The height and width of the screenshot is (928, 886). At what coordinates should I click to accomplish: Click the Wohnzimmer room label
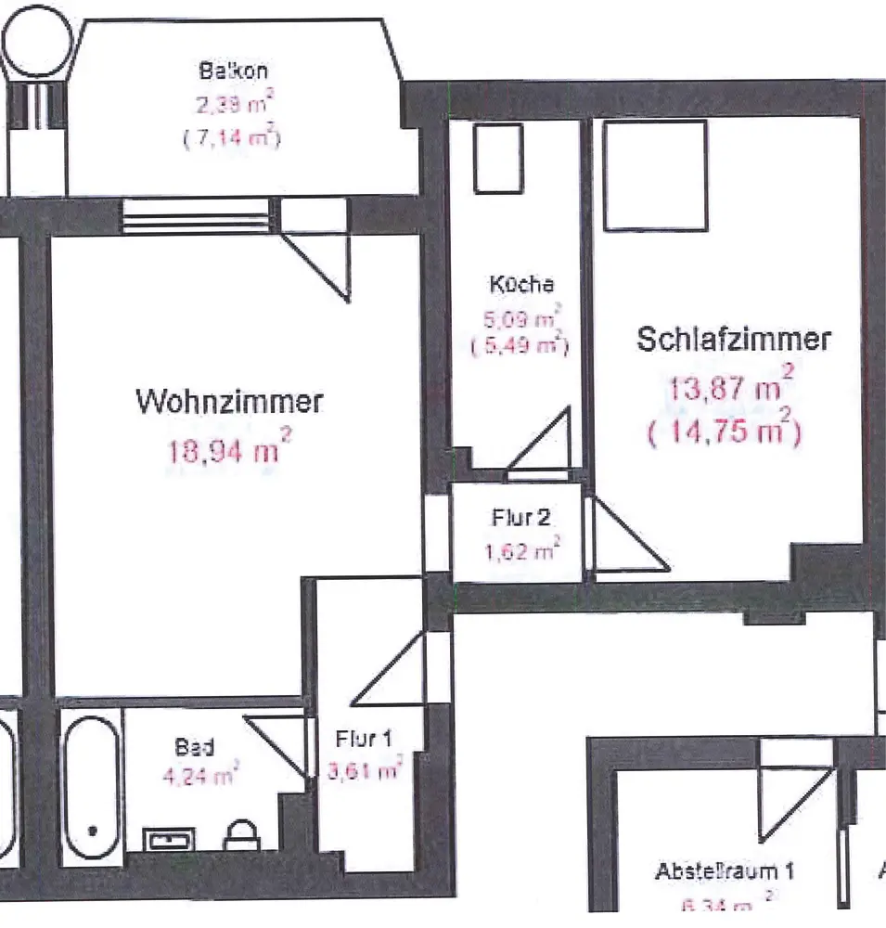(x=229, y=403)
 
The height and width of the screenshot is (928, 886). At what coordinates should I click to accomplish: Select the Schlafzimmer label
(x=733, y=340)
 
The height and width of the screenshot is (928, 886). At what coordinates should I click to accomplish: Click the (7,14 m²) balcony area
(x=232, y=138)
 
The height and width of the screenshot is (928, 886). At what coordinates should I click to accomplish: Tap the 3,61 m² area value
(x=365, y=770)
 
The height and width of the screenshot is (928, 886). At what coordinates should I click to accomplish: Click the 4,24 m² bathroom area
(x=201, y=775)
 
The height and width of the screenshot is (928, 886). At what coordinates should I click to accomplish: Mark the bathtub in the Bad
(x=91, y=784)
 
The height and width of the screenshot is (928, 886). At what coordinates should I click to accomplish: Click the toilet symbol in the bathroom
(x=240, y=835)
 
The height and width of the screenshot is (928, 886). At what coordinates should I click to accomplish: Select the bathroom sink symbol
(x=169, y=840)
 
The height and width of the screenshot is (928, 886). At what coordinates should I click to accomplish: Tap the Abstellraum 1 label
(x=725, y=872)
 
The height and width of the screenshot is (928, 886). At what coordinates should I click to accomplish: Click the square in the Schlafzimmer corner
(x=656, y=175)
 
